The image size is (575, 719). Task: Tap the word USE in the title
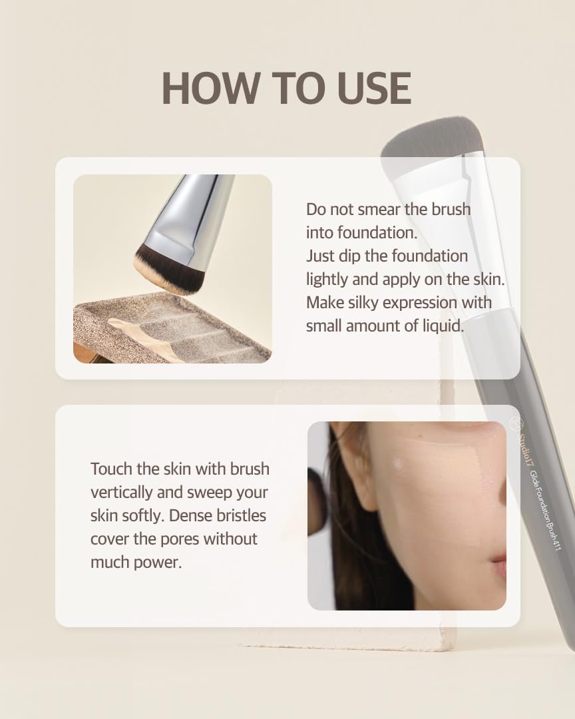pyautogui.click(x=374, y=88)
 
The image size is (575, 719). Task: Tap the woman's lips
pyautogui.click(x=499, y=567)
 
